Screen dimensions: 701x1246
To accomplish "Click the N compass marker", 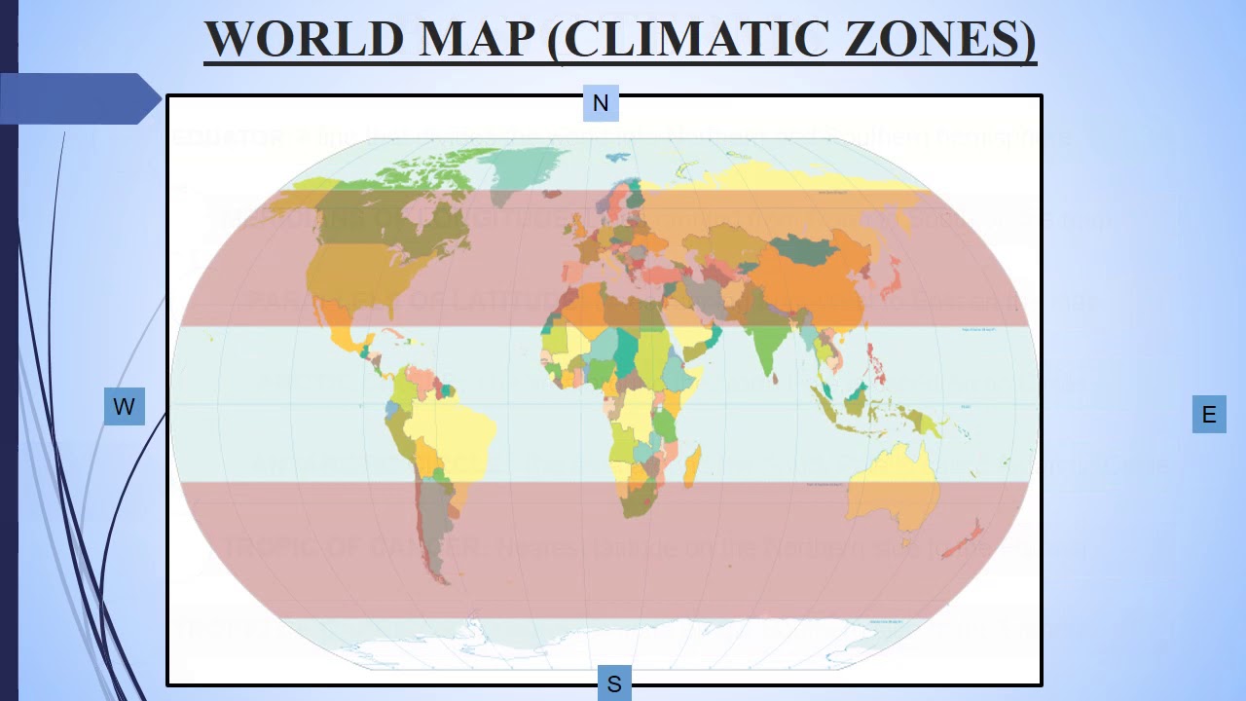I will (601, 103).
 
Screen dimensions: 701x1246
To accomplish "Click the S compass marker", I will (614, 684).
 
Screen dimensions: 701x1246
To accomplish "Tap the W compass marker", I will (124, 407).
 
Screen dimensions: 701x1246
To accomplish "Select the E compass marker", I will (1209, 415).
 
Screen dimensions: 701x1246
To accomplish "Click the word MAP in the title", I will (478, 39).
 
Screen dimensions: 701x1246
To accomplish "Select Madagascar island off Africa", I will (692, 464).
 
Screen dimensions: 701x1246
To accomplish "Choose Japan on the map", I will (887, 281).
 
